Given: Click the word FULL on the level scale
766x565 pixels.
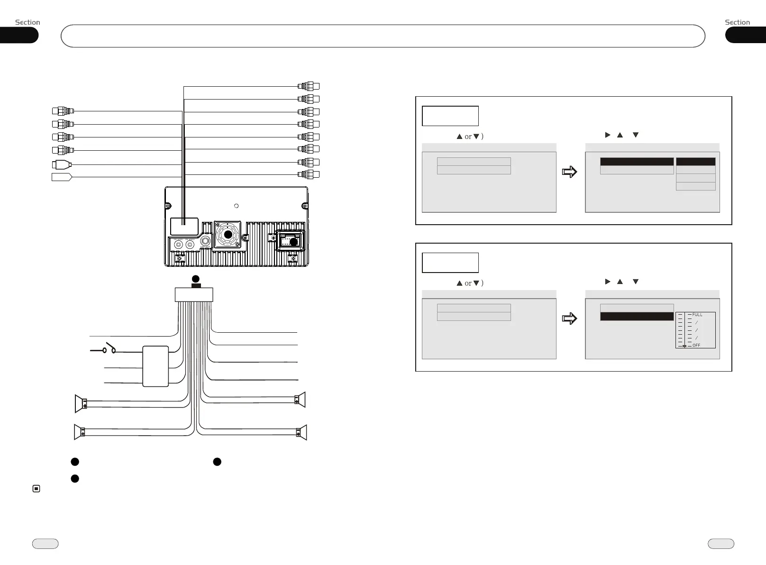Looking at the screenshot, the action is [x=697, y=315].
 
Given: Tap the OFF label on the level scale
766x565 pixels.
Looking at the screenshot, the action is [x=696, y=346].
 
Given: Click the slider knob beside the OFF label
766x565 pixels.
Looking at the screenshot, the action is [x=684, y=346].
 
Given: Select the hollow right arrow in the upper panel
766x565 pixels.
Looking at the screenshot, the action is [x=569, y=172].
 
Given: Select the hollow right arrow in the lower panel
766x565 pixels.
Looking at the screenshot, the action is [x=569, y=318].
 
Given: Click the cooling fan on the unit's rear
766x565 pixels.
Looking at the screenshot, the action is [x=228, y=234].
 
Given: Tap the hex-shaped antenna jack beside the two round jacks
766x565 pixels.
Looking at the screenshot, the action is [x=205, y=241].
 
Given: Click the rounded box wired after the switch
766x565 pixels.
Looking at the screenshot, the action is [x=155, y=366].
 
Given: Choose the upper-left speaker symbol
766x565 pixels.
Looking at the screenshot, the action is [x=81, y=403].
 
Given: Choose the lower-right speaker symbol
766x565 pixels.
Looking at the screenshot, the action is [x=301, y=432].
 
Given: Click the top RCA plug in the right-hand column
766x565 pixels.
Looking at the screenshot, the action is [x=309, y=86].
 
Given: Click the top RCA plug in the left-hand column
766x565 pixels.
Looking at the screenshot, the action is [x=63, y=111].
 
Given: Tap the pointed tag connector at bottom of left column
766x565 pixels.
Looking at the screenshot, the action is [x=62, y=177].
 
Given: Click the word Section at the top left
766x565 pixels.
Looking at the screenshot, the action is [x=27, y=22].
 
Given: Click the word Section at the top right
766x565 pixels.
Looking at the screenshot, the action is [x=737, y=22].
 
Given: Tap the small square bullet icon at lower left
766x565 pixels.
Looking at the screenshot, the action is [x=36, y=489].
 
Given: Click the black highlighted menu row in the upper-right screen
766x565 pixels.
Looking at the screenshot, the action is [x=637, y=162].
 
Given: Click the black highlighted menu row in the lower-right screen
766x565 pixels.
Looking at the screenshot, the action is [x=637, y=316].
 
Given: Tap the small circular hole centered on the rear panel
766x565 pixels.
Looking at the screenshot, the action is [x=237, y=206].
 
